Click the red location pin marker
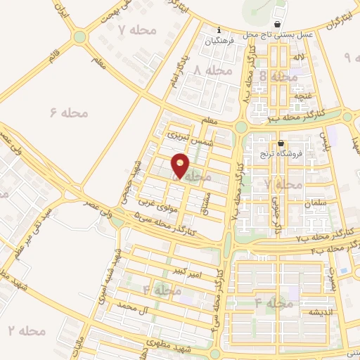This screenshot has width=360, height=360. tap(181, 166)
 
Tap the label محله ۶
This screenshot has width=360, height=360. tap(67, 111)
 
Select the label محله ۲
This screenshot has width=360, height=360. tap(21, 330)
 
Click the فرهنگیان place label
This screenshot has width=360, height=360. tap(219, 41)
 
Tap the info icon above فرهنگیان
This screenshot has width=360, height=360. tap(219, 30)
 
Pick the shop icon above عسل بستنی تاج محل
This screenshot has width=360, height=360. tap(280, 22)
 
